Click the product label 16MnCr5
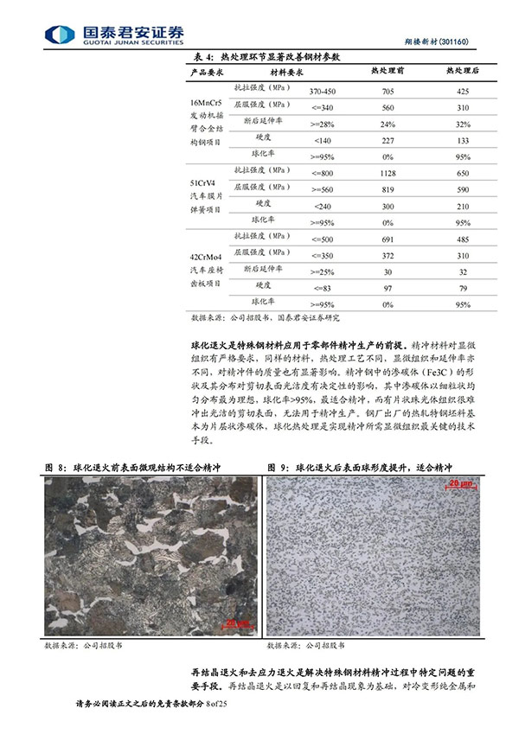click(205, 103)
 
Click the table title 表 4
click(200, 55)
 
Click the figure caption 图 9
click(278, 467)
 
